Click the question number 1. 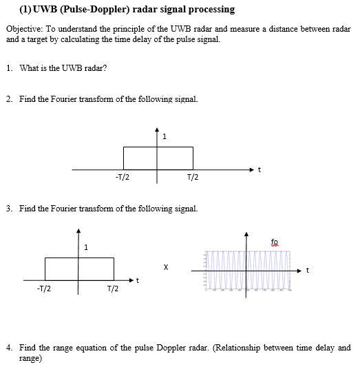[8, 68]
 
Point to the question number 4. [8, 348]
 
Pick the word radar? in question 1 [96, 68]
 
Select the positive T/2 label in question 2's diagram [193, 178]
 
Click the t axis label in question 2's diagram [259, 169]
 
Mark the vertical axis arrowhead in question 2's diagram [157, 129]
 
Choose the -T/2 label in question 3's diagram [43, 288]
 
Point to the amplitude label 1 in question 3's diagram [85, 247]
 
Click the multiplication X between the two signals [165, 265]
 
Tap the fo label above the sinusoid [275, 242]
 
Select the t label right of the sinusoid [307, 270]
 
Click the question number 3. [8, 208]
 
